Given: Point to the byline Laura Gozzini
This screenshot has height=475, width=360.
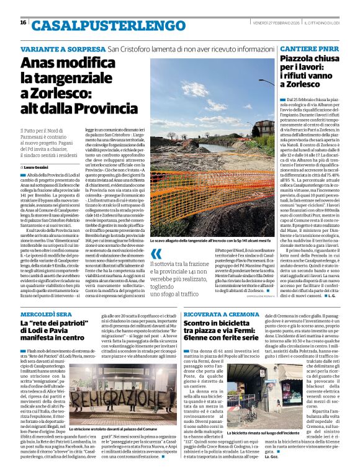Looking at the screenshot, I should pos(40,167).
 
